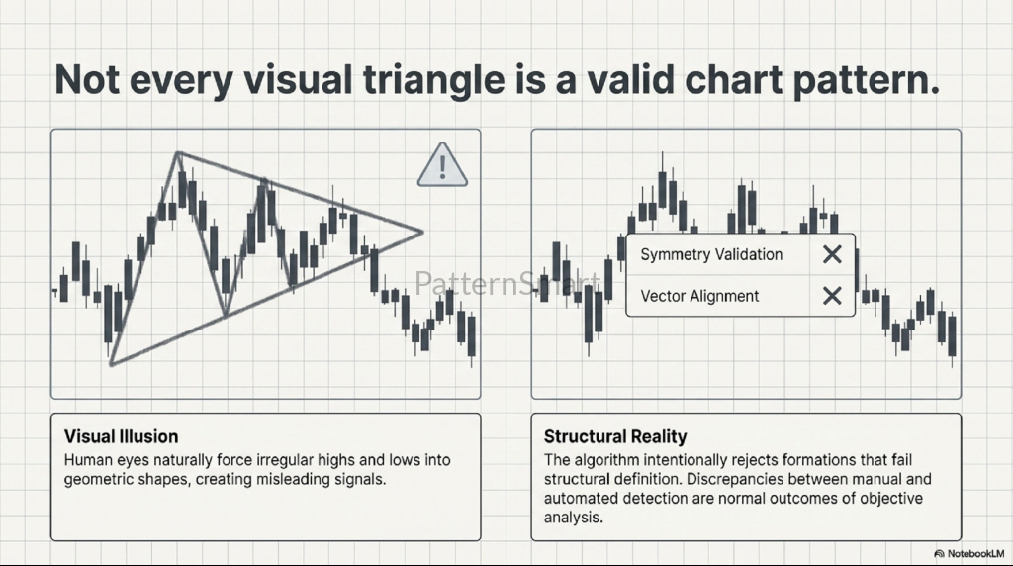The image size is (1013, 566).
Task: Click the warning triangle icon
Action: point(442,165)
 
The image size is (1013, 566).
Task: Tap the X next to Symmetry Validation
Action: point(832,254)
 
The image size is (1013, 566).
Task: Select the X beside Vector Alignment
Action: point(832,296)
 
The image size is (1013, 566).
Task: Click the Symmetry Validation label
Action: point(711,254)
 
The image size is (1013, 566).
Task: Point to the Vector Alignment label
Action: point(699,296)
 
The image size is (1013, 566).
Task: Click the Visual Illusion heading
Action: point(121,436)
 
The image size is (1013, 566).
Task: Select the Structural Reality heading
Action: point(615,436)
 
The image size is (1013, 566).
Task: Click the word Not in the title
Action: point(87,80)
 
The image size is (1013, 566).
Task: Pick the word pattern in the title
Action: point(866,80)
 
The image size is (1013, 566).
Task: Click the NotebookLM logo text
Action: point(975,554)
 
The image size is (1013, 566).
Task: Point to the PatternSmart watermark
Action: point(507,283)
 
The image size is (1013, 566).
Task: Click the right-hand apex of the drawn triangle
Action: point(422,232)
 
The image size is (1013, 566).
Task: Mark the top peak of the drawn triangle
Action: point(178,153)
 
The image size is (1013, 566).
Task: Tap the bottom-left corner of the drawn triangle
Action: point(112,364)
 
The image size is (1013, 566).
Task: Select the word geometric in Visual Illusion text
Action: point(95,480)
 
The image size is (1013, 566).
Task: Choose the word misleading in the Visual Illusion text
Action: point(293,480)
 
